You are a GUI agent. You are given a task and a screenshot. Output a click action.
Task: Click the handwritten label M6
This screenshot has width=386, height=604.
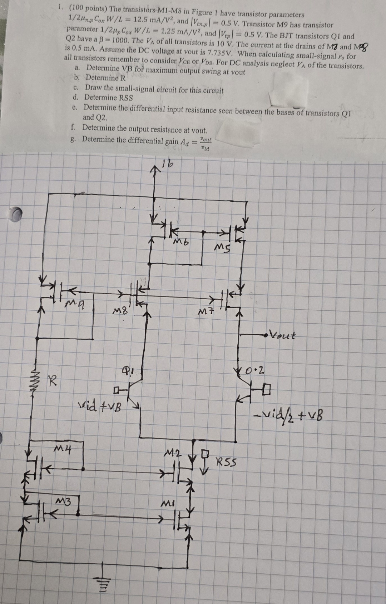click(x=181, y=242)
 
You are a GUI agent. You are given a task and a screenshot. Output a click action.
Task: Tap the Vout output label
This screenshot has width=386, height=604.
click(x=282, y=335)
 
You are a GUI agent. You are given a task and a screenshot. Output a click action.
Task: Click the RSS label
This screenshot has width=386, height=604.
click(x=226, y=462)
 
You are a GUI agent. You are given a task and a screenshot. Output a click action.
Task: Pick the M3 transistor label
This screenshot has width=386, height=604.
click(x=64, y=501)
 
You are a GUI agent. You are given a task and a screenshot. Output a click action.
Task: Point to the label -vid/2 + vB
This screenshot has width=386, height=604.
click(x=289, y=415)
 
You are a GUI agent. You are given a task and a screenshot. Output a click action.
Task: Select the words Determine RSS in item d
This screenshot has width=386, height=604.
click(x=108, y=98)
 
